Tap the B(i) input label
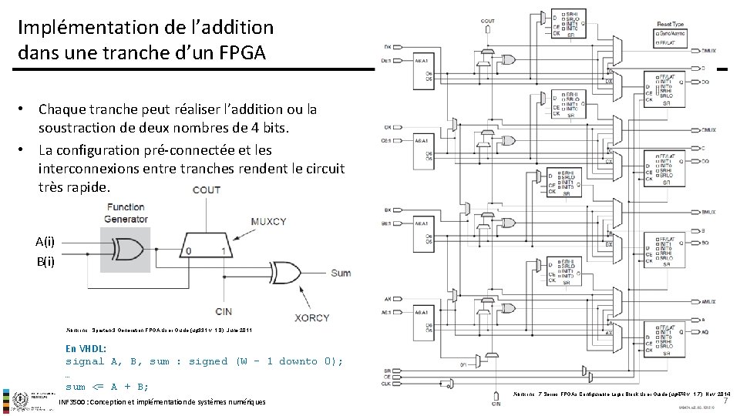(x=45, y=261)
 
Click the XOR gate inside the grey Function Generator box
(x=128, y=250)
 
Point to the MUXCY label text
(x=268, y=222)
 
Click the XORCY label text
(x=311, y=317)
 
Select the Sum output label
(x=340, y=273)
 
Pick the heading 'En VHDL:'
(x=87, y=347)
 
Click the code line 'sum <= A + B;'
(x=107, y=387)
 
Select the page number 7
(x=725, y=400)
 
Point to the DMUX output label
(x=708, y=50)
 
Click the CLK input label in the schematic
(x=388, y=384)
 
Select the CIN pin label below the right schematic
(x=496, y=403)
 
